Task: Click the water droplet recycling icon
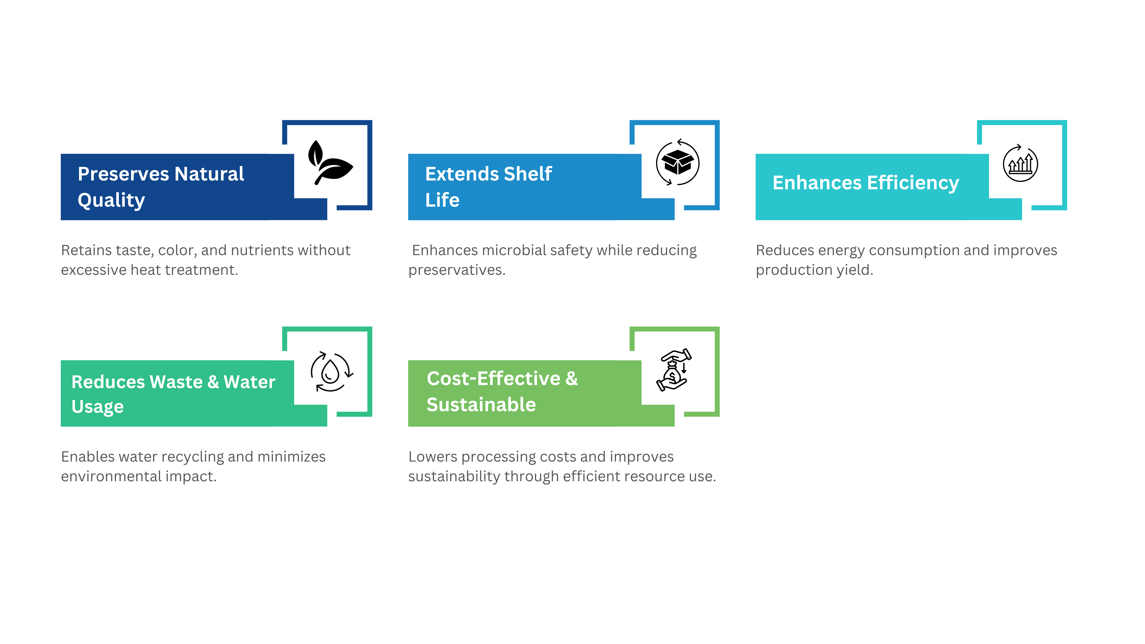point(330,372)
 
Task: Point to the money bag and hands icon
point(674,371)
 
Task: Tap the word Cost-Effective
point(493,379)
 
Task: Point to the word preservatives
point(456,270)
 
